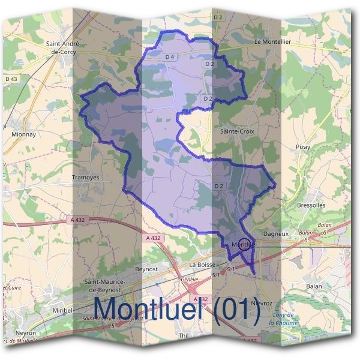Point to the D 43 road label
[x=11, y=79]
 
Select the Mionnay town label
[x=24, y=134]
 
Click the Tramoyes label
[x=85, y=178]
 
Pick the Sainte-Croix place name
[x=235, y=130]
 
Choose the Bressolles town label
[x=311, y=205]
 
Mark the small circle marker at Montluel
[x=244, y=244]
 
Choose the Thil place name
[x=184, y=337]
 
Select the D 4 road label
[x=169, y=57]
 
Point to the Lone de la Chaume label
[x=283, y=319]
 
